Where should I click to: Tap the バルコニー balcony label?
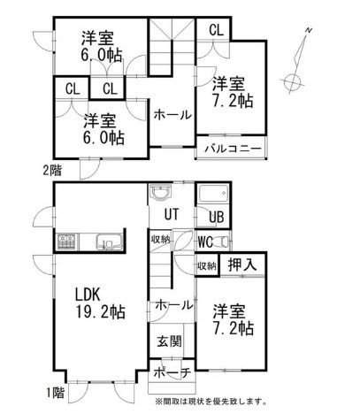click(233, 149)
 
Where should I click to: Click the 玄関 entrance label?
click(170, 342)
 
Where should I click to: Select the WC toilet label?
click(204, 241)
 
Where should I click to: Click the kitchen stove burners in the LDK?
click(68, 241)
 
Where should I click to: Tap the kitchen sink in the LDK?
click(105, 241)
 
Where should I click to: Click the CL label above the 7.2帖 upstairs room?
click(216, 29)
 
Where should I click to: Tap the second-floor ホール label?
click(169, 114)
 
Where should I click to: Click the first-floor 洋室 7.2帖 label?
click(233, 319)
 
